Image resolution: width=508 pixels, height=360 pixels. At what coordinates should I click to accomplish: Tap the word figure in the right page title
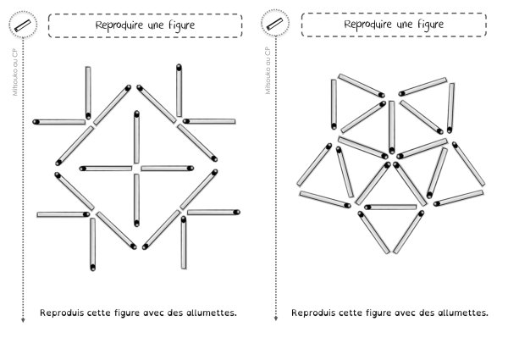click(430, 25)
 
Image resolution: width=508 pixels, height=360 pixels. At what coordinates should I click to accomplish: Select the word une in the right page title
click(406, 25)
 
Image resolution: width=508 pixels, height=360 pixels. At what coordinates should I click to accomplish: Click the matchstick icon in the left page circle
click(23, 25)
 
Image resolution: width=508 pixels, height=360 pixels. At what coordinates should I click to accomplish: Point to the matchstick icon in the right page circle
click(274, 24)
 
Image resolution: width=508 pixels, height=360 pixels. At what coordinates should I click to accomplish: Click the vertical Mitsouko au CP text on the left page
click(14, 72)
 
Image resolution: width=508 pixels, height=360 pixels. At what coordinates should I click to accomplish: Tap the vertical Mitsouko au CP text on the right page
click(268, 70)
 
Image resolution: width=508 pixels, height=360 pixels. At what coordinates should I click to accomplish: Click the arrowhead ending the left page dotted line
click(23, 320)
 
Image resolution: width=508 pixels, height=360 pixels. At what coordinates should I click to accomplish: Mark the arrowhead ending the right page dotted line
click(276, 318)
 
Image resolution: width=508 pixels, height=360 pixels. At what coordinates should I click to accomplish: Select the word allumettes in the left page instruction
click(211, 313)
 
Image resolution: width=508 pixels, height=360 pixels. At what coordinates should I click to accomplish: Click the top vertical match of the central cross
click(136, 137)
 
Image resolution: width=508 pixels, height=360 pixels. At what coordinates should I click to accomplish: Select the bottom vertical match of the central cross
click(136, 200)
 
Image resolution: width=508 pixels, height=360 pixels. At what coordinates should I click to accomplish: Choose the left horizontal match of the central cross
click(106, 169)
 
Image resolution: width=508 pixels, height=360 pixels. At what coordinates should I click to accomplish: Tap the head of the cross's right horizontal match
click(190, 169)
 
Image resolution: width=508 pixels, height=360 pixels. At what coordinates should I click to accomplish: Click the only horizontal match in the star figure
click(390, 207)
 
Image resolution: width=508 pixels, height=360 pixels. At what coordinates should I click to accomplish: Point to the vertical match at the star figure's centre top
click(392, 127)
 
